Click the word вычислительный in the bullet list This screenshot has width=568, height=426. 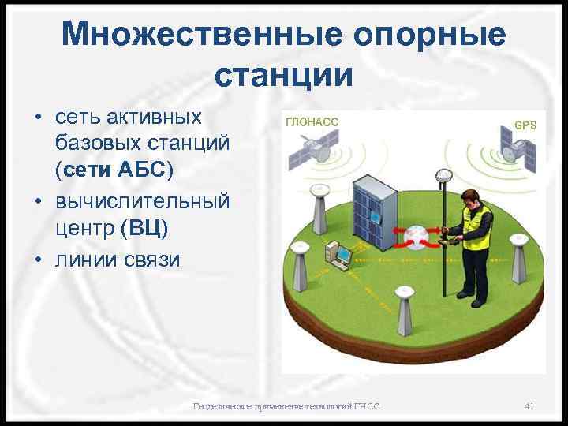click(142, 200)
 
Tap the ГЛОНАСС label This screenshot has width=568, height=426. click(311, 122)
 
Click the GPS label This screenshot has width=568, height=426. click(525, 125)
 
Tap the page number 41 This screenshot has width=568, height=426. click(529, 406)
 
